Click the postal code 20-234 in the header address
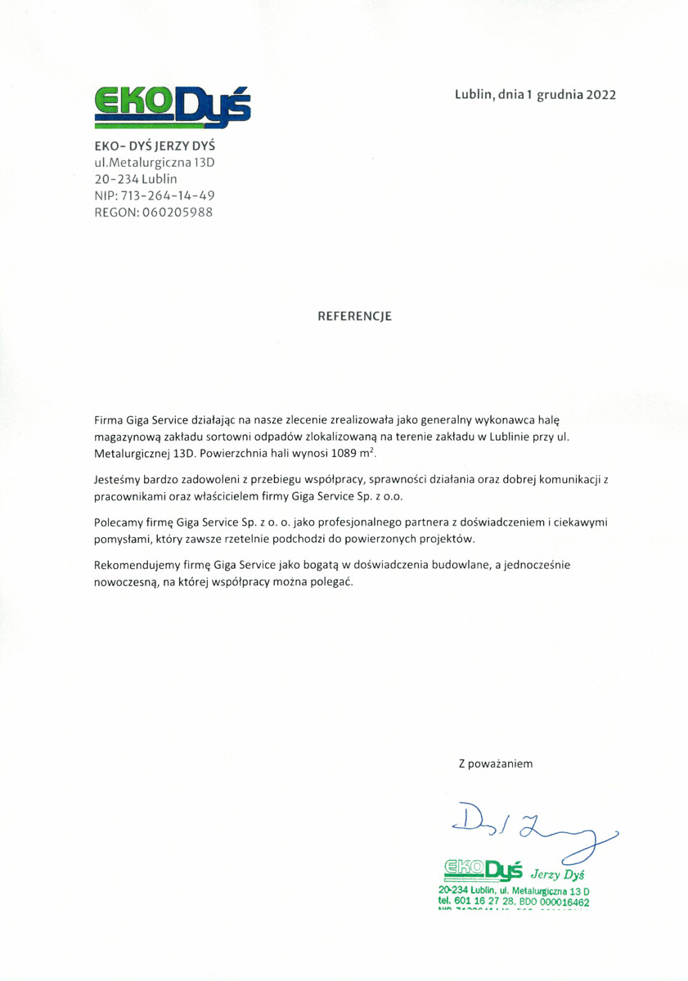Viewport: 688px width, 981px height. pos(116,178)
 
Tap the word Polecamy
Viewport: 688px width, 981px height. pos(119,522)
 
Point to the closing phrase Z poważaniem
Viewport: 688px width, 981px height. pos(496,764)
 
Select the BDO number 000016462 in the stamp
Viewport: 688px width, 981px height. pos(561,901)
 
